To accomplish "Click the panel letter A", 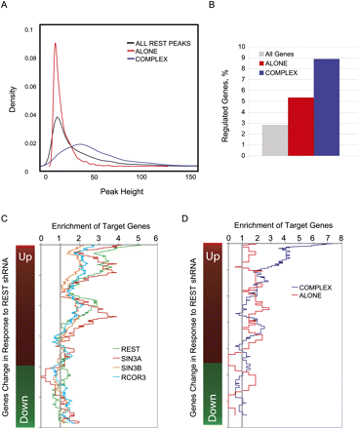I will [6, 7].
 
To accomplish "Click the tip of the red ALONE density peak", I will [56, 42].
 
